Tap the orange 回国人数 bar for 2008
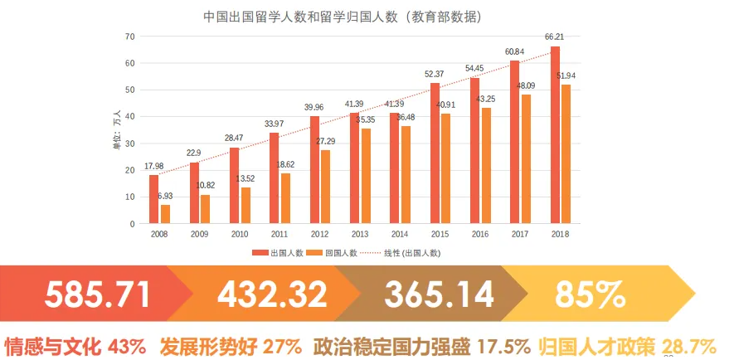(165, 214)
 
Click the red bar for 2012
(314, 170)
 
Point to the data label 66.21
(554, 36)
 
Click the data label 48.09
(526, 85)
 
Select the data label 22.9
(194, 153)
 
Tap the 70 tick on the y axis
(129, 36)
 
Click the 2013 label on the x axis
(360, 235)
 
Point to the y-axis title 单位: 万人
(117, 129)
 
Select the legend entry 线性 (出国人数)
(411, 252)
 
